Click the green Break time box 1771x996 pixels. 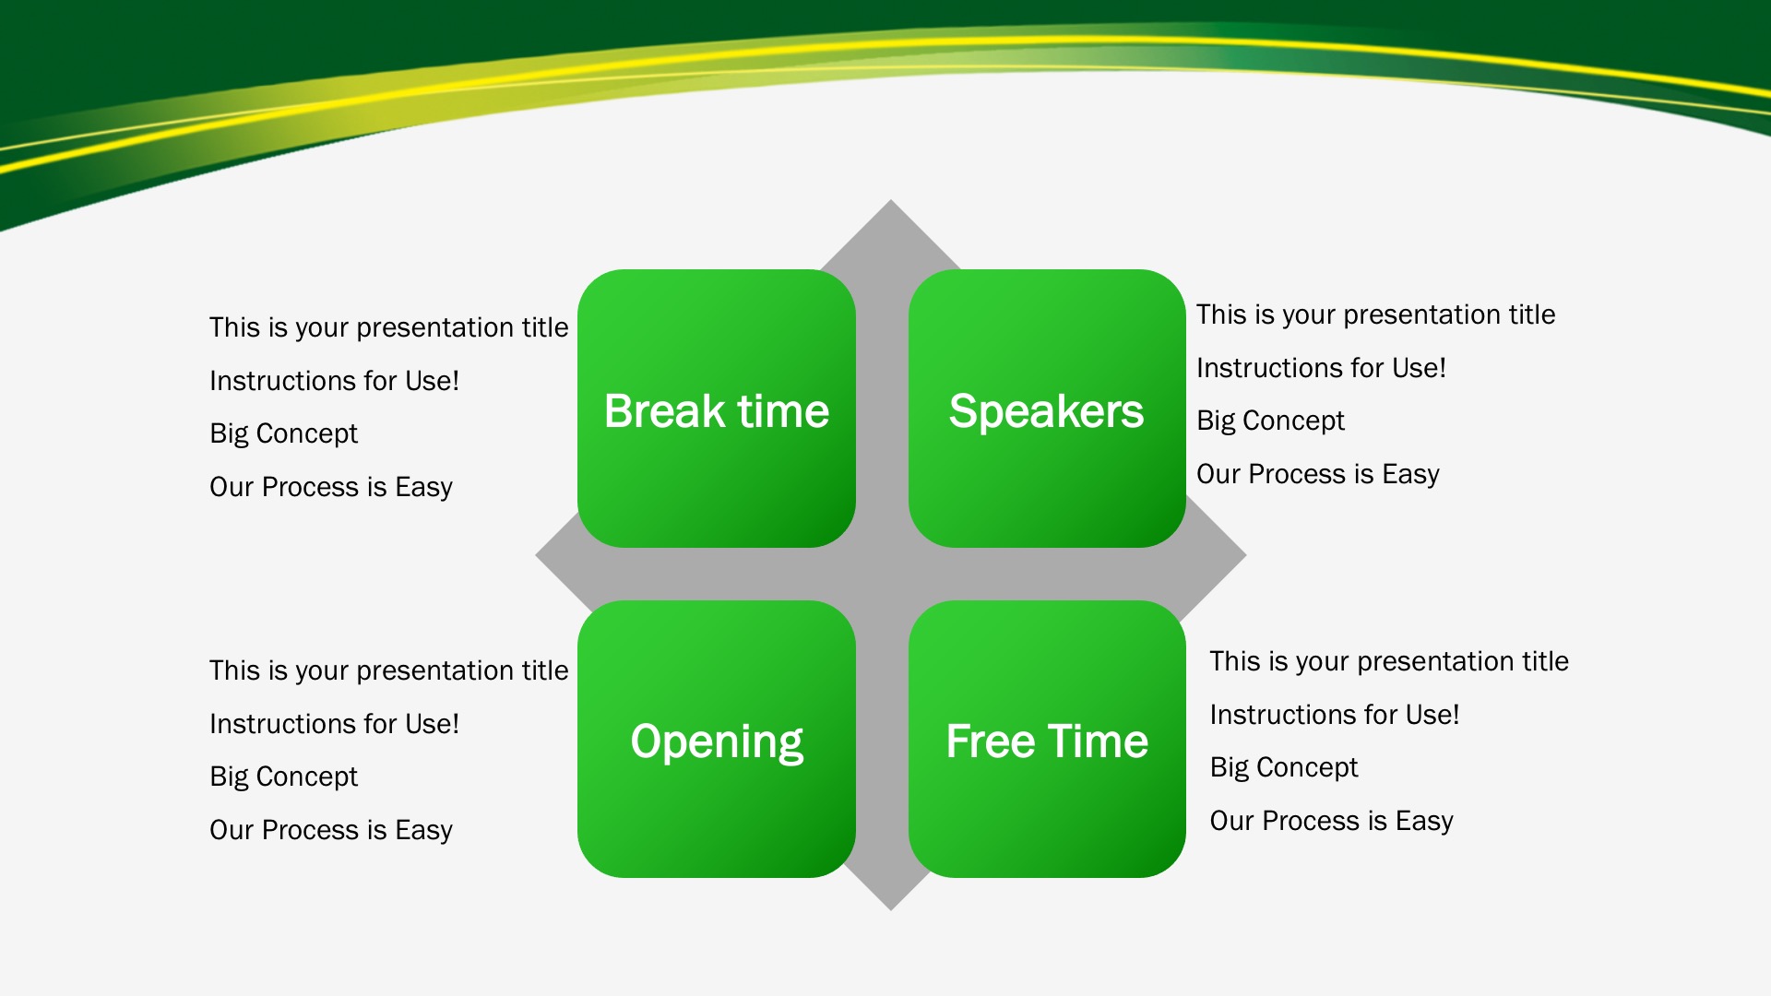[717, 409]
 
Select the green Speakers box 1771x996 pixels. [1047, 409]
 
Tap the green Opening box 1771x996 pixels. [717, 740]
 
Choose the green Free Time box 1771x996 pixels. [1047, 740]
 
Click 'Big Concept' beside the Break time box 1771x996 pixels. [283, 434]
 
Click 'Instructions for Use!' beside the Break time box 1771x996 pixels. [334, 381]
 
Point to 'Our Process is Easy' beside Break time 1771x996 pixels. [331, 488]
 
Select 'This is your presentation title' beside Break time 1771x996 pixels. [388, 328]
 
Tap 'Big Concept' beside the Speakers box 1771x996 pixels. [1270, 421]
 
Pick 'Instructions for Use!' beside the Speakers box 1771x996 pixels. [1321, 368]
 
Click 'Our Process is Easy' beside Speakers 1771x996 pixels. [1318, 475]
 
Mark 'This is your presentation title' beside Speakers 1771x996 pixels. [1375, 315]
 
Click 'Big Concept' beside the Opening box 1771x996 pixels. [283, 777]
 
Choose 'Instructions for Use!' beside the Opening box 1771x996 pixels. [334, 724]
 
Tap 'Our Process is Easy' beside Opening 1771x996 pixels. [331, 831]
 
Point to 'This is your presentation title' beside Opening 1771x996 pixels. [388, 671]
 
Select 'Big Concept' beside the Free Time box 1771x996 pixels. [1284, 768]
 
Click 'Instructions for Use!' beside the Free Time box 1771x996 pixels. [1335, 715]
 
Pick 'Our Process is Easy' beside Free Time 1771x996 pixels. [1332, 822]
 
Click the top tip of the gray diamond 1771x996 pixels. [891, 200]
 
